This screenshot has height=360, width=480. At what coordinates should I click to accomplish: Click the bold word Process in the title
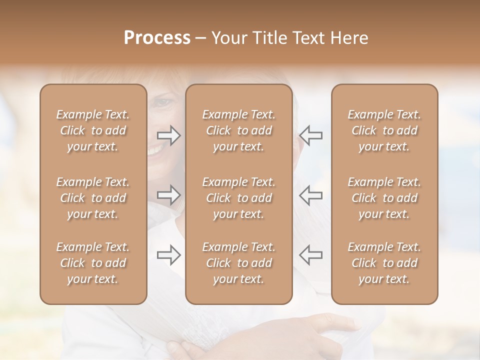tap(157, 38)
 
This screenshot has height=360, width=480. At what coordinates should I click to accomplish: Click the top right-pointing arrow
tap(169, 135)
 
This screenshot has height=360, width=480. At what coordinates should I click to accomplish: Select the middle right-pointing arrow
tap(169, 195)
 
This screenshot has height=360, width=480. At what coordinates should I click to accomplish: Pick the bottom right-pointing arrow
tap(169, 254)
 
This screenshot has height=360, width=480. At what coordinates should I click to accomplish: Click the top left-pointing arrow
tap(311, 135)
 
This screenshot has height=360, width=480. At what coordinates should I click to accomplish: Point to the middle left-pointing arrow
tap(311, 195)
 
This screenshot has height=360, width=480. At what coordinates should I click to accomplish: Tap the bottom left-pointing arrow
tap(311, 254)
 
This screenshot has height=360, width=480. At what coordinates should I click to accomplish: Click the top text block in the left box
tap(93, 130)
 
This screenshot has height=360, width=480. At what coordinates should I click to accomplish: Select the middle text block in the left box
tap(93, 198)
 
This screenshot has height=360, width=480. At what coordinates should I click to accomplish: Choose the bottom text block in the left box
tap(93, 263)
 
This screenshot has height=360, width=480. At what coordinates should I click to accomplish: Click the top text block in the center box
tap(238, 130)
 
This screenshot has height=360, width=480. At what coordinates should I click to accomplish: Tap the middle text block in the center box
tap(238, 198)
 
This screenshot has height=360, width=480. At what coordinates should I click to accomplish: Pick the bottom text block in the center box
tap(238, 263)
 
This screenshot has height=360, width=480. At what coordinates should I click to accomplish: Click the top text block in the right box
tap(384, 130)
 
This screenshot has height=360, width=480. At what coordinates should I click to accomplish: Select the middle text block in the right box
tap(384, 198)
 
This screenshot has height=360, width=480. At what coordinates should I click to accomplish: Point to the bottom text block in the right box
tap(384, 263)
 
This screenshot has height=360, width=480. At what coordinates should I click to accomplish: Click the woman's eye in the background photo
tap(162, 102)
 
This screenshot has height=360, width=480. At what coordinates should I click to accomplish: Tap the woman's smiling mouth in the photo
tap(156, 148)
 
